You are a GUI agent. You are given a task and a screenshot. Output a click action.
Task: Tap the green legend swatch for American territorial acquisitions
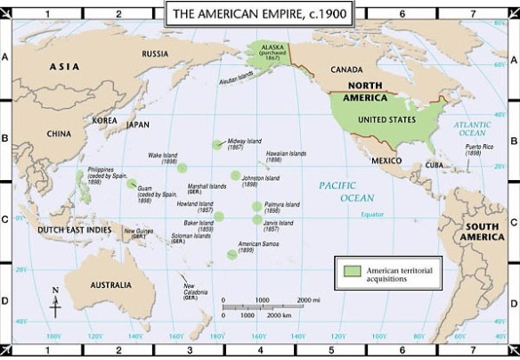pyautogui.click(x=351, y=269)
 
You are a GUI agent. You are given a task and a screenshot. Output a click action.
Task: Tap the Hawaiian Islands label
pyautogui.click(x=286, y=156)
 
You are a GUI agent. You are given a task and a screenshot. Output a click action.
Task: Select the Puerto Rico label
pyautogui.click(x=481, y=149)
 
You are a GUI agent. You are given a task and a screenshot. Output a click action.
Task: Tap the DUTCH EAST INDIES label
pyautogui.click(x=75, y=230)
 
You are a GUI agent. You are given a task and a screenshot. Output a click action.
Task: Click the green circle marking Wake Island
pyautogui.click(x=183, y=167)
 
